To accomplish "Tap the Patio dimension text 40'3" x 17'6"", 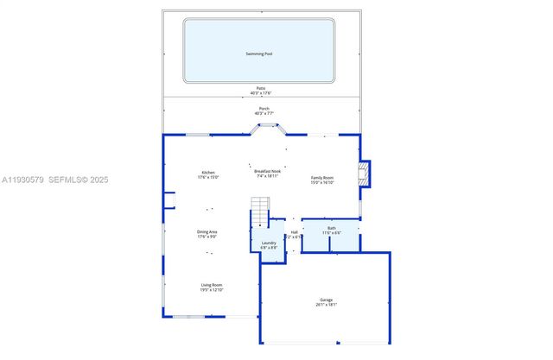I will [x=260, y=93].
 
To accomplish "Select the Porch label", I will [x=264, y=109].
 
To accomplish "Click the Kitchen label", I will [x=208, y=172].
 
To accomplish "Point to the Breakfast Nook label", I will [x=267, y=171].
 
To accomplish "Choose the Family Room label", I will [x=322, y=177].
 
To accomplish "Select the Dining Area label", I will [x=207, y=231].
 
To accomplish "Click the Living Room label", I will [x=211, y=285].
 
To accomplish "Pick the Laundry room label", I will [x=269, y=243].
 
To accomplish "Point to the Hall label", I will [x=294, y=232].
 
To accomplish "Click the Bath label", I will [x=332, y=228].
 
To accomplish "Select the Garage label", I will [x=326, y=300].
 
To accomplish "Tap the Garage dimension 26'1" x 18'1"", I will [x=326, y=305].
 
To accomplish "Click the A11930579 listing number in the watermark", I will [x=22, y=180].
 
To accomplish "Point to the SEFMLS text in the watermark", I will [x=67, y=180].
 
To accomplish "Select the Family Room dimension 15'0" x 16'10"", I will [x=322, y=182].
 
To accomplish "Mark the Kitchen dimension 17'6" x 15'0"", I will [x=208, y=177].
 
